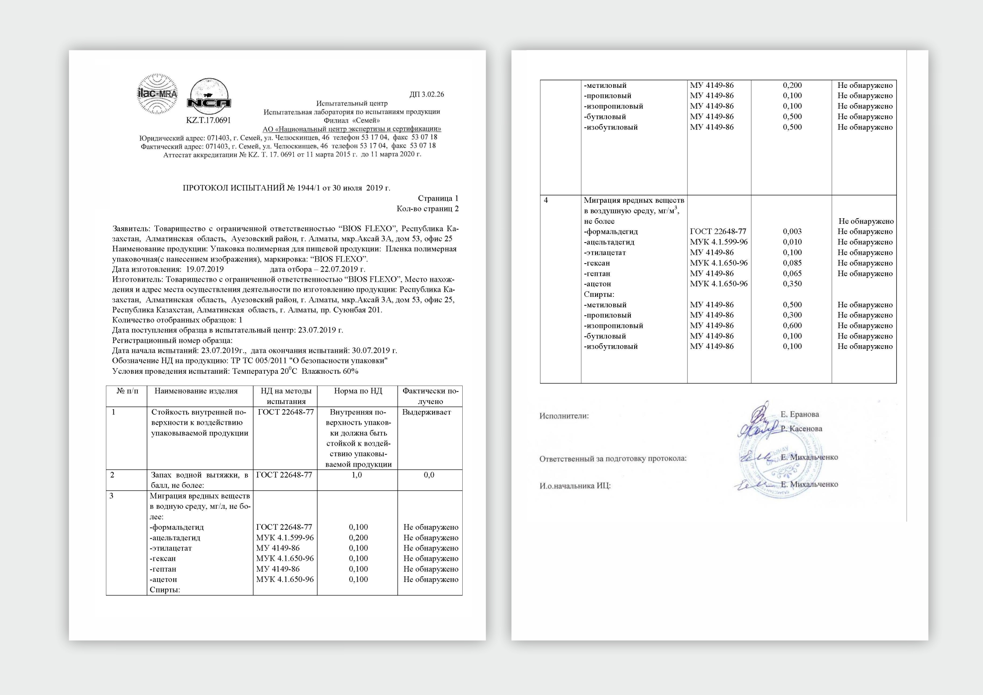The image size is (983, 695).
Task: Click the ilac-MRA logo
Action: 157,94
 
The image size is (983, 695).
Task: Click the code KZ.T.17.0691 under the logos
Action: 208,120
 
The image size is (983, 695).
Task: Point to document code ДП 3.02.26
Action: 427,95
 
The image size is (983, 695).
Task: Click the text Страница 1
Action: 437,198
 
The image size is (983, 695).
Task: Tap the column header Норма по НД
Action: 358,391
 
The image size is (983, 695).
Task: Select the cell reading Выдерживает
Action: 427,412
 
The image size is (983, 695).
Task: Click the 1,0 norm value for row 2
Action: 357,475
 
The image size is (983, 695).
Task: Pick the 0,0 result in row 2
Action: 429,475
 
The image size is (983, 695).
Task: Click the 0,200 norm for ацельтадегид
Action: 358,538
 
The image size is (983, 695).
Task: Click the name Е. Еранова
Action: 800,415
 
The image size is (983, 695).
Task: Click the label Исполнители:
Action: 564,416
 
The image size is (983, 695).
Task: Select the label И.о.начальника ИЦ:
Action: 575,486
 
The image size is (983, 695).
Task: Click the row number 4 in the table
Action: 546,201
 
